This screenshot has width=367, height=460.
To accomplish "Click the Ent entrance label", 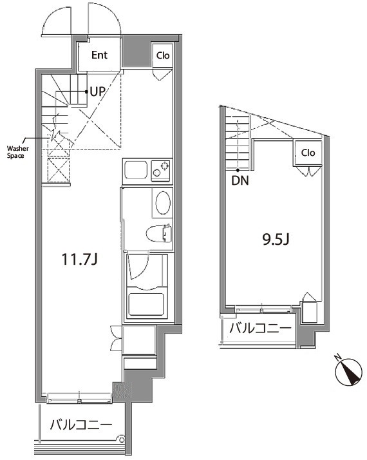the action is [x=99, y=55].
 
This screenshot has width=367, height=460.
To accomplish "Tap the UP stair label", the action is [x=97, y=91].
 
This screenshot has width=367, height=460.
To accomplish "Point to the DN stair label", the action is [x=240, y=180].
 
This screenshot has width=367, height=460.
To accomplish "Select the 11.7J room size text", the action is [x=79, y=260].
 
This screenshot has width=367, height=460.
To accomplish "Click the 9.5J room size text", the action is [x=276, y=240].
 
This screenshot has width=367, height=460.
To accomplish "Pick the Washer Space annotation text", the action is [x=18, y=152].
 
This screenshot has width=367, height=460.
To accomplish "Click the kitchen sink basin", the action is [x=136, y=171].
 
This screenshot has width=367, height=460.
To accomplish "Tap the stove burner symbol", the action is [x=164, y=166].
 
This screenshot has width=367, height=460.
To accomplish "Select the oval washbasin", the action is [x=163, y=203].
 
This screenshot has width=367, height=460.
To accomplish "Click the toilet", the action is [x=158, y=233].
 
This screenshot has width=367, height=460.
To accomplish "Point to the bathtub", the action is [x=146, y=304].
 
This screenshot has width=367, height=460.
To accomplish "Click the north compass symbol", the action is [x=350, y=372].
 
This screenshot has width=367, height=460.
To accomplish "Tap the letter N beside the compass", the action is [x=337, y=358].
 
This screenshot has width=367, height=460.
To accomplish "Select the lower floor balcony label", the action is [x=81, y=425].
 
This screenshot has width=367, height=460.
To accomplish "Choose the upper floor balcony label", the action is [x=260, y=329].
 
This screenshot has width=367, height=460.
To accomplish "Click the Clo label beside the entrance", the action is [x=163, y=55].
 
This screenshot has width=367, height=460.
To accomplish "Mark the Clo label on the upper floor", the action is [x=308, y=153].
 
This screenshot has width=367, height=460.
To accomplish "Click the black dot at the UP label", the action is [x=86, y=92].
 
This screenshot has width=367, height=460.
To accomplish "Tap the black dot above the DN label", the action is [x=238, y=170].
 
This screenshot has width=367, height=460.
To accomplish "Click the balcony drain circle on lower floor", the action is [x=121, y=439].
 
